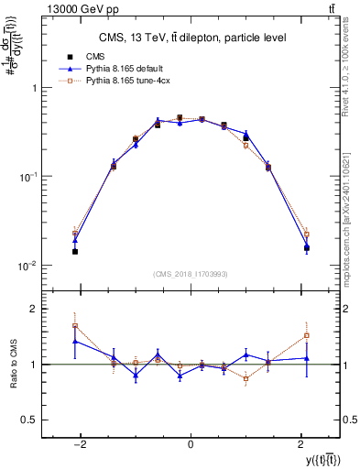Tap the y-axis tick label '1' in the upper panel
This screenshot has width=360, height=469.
[34, 88]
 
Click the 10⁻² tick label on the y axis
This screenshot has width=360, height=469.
[28, 266]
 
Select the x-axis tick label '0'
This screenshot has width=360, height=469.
[190, 444]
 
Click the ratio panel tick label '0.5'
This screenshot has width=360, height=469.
[30, 420]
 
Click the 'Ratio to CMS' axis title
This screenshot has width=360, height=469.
[14, 365]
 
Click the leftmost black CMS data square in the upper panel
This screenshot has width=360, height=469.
[75, 251]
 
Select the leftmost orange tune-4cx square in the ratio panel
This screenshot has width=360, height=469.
[75, 325]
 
